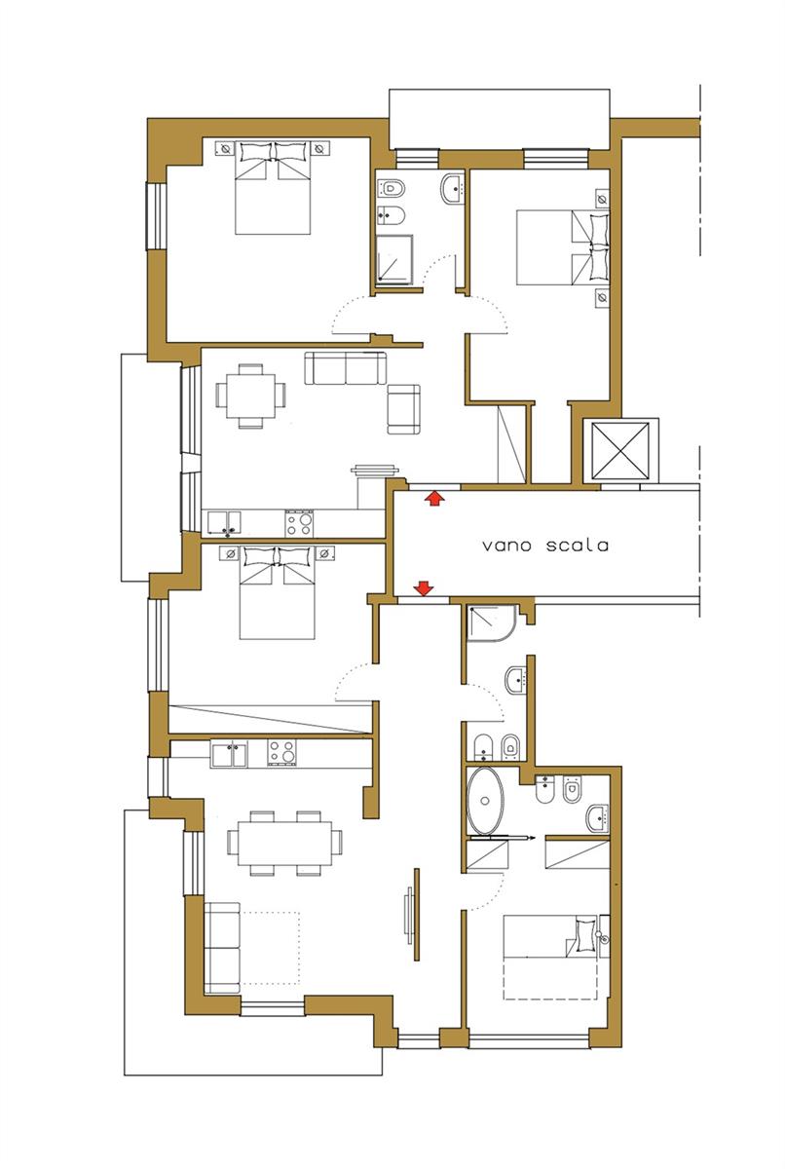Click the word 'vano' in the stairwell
point(506,547)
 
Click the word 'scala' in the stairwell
point(578,546)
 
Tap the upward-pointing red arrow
point(434,498)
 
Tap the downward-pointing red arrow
point(424,589)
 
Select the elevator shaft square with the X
point(619,450)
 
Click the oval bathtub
point(486,801)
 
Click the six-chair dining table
point(284,843)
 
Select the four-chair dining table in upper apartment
point(251,396)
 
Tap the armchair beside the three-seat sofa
point(404,409)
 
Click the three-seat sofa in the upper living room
point(346,368)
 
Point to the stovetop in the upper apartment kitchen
point(299,523)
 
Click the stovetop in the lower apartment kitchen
point(281,753)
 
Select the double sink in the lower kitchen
point(229,755)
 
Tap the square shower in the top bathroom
point(394,259)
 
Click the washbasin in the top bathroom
point(452,188)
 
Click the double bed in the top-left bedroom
point(273,187)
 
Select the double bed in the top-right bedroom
point(563,247)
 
